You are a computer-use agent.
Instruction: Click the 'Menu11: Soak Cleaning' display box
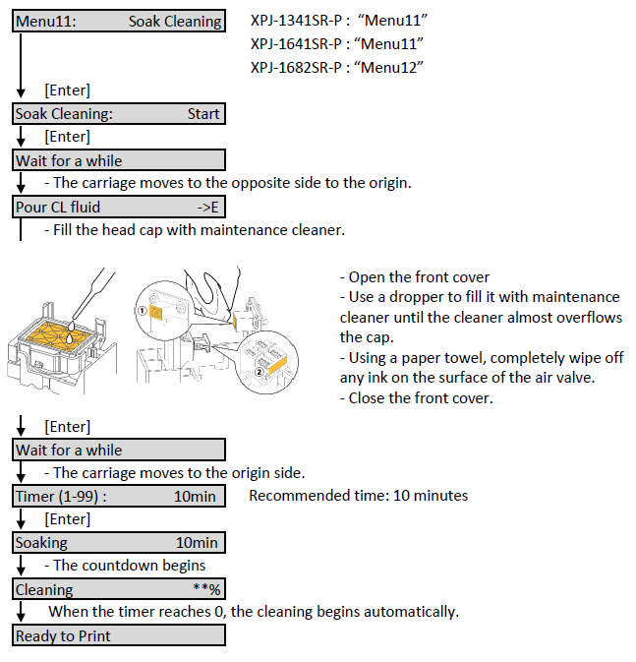pos(119,21)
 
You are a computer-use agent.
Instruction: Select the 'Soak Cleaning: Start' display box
pos(119,113)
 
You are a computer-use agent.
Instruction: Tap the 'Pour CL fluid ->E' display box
pos(119,207)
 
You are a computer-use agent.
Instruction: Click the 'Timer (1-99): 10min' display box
pos(119,496)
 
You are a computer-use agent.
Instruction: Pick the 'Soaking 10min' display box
pos(119,542)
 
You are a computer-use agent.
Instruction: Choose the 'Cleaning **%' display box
pos(119,589)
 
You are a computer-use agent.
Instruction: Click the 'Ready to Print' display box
pos(119,635)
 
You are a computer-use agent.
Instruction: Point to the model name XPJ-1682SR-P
pos(296,67)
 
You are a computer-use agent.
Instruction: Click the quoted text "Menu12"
pos(393,67)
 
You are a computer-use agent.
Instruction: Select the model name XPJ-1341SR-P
pos(296,21)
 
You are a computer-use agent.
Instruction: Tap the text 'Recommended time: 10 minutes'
pos(358,496)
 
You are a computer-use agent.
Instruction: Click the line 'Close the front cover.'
pos(418,397)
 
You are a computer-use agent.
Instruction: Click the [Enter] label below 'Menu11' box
pos(67,90)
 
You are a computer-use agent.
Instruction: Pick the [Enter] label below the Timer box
pos(67,519)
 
